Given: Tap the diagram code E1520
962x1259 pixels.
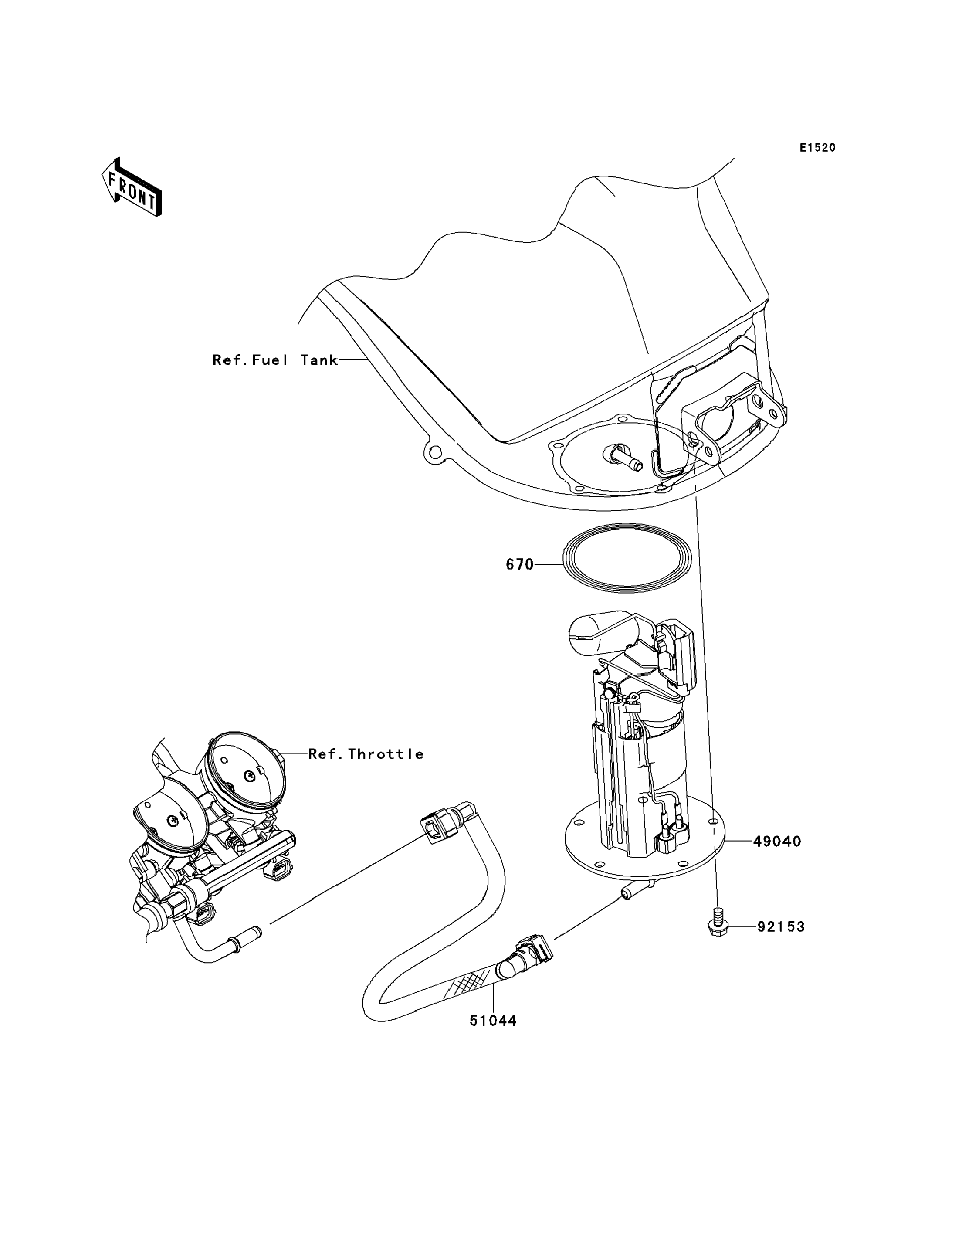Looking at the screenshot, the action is pyautogui.click(x=818, y=148).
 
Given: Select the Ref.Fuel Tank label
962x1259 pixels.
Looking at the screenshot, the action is pyautogui.click(x=275, y=360).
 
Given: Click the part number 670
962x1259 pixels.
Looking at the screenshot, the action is pyautogui.click(x=519, y=565).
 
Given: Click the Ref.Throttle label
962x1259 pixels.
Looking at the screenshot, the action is pyautogui.click(x=366, y=754).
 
